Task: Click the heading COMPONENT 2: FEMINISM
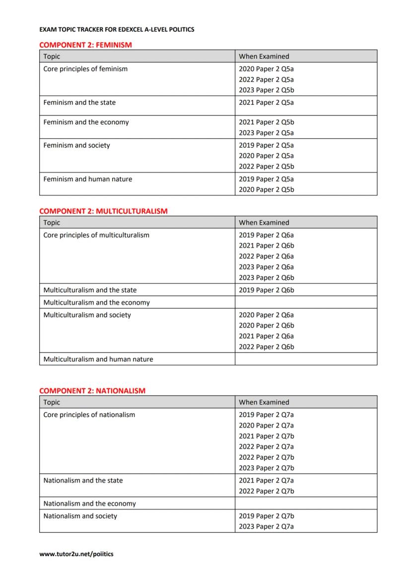[x=85, y=45]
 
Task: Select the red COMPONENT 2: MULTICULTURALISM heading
[x=103, y=211]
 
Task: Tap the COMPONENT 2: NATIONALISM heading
[x=92, y=391]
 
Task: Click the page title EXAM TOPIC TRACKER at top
[x=117, y=29]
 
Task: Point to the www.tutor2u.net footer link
[x=76, y=554]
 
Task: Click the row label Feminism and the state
[x=79, y=102]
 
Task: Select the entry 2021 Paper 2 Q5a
[x=266, y=102]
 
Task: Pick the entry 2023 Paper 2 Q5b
[x=266, y=90]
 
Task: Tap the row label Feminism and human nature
[x=88, y=179]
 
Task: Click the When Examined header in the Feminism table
[x=264, y=56]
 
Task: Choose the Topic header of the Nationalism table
[x=52, y=402]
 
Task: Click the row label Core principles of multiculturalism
[x=96, y=235]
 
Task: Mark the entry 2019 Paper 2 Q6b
[x=266, y=290]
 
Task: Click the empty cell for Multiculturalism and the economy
[x=306, y=302]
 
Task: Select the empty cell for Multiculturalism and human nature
[x=306, y=359]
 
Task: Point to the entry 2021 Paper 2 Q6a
[x=266, y=336]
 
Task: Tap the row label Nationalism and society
[x=80, y=516]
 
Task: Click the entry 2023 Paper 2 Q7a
[x=266, y=527]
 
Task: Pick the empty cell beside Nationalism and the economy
[x=306, y=503]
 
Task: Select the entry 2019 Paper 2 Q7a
[x=266, y=415]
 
